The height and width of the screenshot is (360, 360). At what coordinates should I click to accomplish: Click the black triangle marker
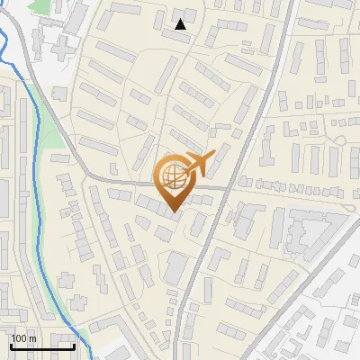tap(181, 24)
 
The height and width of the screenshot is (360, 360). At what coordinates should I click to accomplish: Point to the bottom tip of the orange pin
tap(173, 211)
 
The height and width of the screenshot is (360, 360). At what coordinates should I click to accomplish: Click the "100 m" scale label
tap(23, 338)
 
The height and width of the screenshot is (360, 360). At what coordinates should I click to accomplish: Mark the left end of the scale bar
tap(11, 346)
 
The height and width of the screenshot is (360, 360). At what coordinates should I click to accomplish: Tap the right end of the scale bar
tap(74, 346)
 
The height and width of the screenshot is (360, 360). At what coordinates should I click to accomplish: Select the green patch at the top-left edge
tap(39, 7)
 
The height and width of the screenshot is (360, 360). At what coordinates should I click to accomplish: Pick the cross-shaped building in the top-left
tap(56, 45)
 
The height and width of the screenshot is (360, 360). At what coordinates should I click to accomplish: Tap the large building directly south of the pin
tap(176, 266)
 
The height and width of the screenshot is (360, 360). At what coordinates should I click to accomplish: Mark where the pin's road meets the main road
tap(226, 188)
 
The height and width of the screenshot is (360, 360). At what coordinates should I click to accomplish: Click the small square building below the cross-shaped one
tap(60, 93)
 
